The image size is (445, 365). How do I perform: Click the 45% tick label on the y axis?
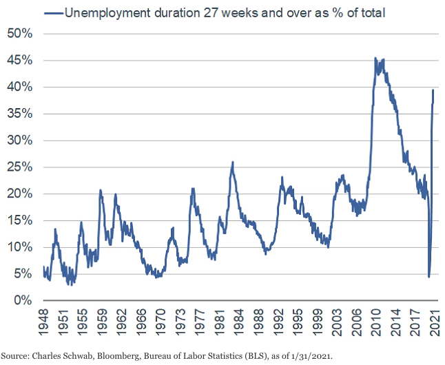pos(20,60)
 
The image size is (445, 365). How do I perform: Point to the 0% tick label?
pos(23,300)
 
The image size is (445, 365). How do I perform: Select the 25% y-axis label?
pos(20,167)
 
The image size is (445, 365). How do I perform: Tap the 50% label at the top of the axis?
pos(20,33)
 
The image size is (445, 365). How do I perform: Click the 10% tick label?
pos(20,247)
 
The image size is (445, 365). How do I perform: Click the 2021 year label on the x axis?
pos(435,321)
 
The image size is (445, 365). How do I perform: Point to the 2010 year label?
pos(377,321)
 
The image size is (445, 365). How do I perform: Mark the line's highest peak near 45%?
pos(375,59)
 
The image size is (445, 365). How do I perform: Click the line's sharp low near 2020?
pos(428,276)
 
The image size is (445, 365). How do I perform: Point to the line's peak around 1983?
pos(233,163)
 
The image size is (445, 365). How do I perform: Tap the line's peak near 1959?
pos(101,190)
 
